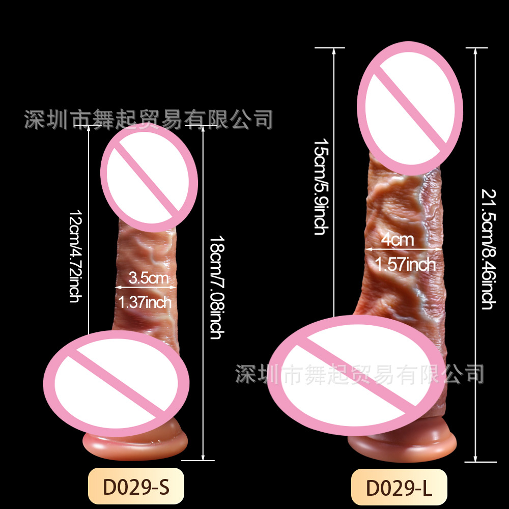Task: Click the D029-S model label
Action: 135,487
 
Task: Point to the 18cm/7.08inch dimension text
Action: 215,288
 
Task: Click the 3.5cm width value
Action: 148,278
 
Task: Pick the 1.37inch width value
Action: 145,302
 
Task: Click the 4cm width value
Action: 399,240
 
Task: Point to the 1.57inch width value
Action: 405,264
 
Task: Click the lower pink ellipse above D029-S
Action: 117,380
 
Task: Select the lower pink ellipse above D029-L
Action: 355,375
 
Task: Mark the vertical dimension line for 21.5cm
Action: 475,254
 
